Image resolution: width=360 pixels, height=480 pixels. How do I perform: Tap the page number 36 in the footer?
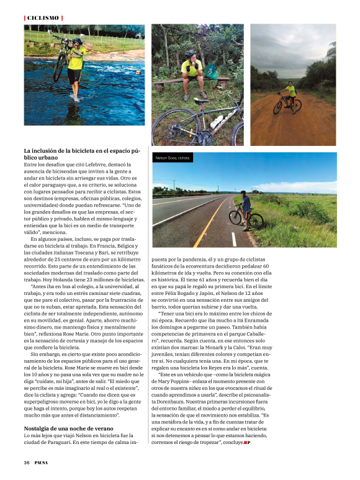pos(27,462)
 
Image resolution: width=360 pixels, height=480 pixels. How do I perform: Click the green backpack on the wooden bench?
pos(210,71)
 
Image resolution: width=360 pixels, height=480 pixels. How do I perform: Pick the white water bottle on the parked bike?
pos(217,122)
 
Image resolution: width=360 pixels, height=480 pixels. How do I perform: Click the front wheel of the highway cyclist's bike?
pos(256,220)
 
